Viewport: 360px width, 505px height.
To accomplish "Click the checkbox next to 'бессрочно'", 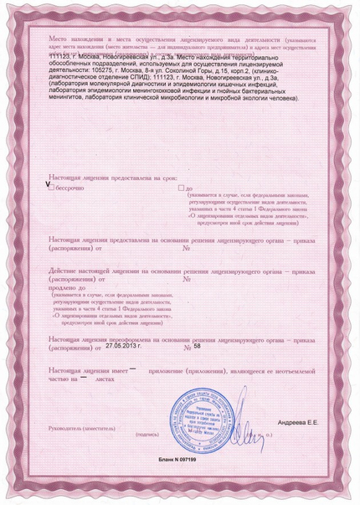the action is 52,188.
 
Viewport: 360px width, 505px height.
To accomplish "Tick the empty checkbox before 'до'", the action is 169,188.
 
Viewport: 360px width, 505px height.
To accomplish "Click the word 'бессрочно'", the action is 73,188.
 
